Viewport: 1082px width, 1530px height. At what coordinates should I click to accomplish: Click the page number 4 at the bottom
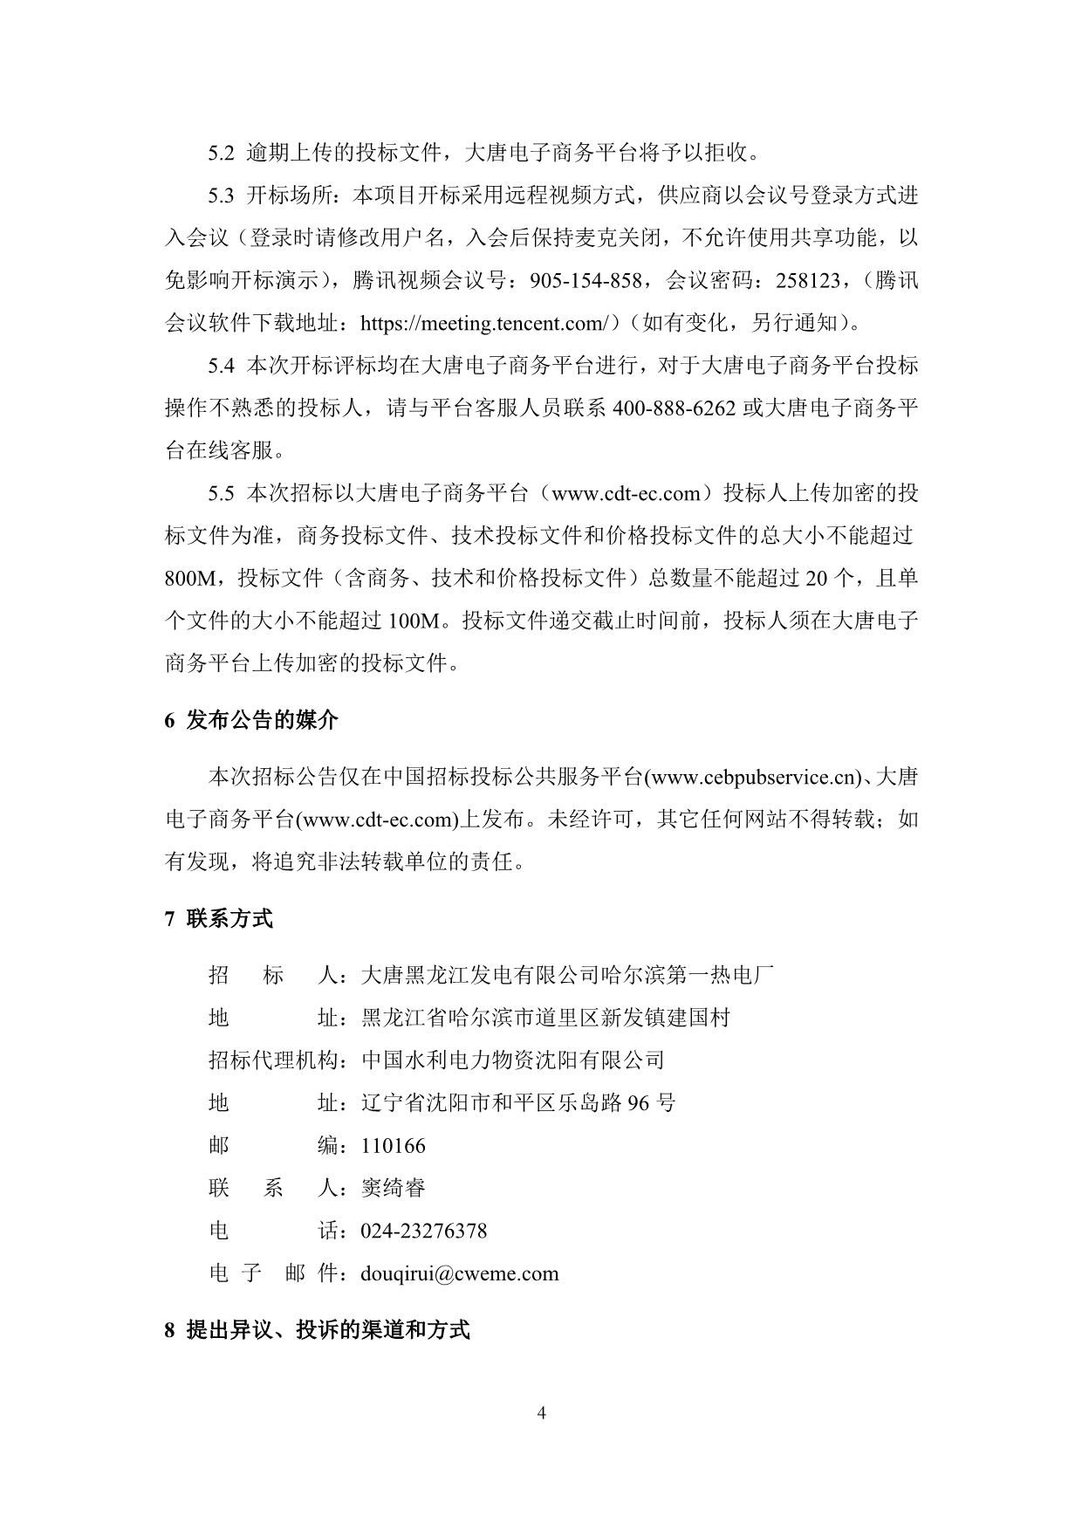point(541,1413)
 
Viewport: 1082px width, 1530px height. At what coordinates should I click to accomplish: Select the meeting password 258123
point(802,281)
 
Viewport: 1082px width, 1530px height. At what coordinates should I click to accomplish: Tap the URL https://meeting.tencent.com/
point(483,324)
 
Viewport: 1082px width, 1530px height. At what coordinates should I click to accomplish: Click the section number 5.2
point(222,154)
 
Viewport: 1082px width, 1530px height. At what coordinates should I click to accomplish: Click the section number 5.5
point(222,494)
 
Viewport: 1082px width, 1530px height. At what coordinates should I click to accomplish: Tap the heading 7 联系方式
point(218,919)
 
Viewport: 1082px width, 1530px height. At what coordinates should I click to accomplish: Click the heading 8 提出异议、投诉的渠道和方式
point(317,1331)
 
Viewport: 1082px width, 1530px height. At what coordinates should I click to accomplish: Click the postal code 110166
point(393,1146)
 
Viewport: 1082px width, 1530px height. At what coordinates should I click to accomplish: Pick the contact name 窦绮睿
point(393,1189)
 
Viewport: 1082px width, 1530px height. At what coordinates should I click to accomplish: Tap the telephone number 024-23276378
point(423,1232)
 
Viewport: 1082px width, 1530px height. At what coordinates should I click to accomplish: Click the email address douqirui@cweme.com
point(459,1273)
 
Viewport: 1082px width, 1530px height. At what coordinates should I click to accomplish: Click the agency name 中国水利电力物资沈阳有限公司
point(513,1060)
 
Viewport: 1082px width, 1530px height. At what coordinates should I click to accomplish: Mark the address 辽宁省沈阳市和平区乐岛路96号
point(518,1103)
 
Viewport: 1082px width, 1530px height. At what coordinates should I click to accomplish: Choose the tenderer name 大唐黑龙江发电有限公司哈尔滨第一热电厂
point(567,975)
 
